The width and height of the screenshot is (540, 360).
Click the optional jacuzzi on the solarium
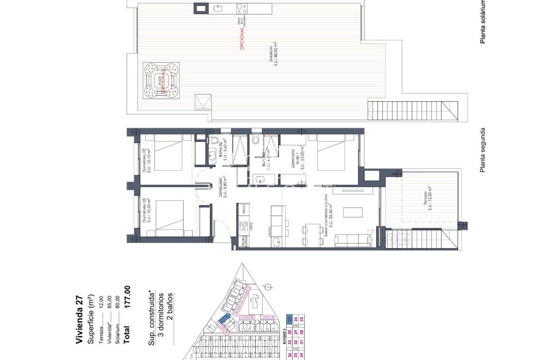(161, 80)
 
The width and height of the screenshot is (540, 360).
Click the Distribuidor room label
(223, 186)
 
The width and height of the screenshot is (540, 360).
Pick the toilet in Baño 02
(214, 140)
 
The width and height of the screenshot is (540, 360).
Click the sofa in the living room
(353, 241)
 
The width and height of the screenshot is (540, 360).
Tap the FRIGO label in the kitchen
(244, 210)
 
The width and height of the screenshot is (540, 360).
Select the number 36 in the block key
(289, 355)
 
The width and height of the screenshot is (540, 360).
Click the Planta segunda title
(483, 150)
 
